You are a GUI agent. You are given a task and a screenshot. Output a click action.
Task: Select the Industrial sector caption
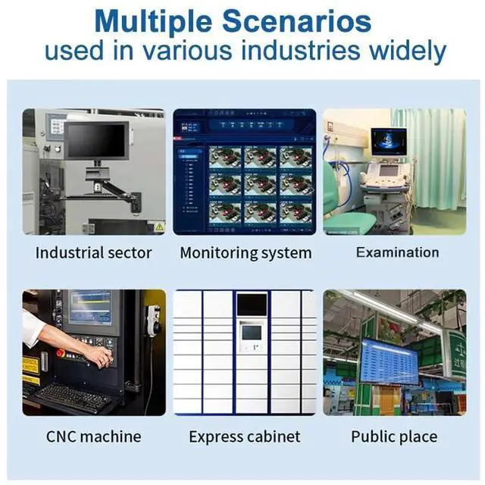pos(93,253)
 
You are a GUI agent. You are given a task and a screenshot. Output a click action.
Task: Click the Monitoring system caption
pos(246,253)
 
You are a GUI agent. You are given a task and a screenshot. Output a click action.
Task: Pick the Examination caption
pos(397,252)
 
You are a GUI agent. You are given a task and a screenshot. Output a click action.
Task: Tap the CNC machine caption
pos(93,436)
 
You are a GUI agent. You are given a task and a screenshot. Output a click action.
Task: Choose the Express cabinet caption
pos(245,436)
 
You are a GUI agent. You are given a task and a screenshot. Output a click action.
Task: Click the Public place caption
pos(393,436)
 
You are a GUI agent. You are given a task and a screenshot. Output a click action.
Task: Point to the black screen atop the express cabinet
pos(251,304)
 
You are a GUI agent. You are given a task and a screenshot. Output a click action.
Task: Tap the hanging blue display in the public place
pos(389,361)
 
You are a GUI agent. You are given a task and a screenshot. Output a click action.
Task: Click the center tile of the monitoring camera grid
pos(260,183)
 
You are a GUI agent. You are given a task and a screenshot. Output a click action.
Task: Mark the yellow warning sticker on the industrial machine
pos(159,227)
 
